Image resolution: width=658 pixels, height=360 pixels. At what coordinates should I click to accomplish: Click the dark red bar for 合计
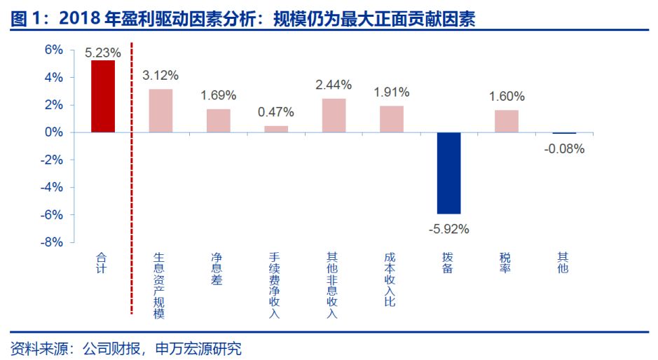103,97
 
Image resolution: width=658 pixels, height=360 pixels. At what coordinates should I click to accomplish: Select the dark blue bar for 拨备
448,173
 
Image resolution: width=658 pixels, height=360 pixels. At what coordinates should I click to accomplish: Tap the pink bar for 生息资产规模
160,111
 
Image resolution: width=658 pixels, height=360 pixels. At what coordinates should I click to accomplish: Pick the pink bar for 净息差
218,120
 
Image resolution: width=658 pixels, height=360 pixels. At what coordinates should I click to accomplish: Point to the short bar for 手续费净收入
276,129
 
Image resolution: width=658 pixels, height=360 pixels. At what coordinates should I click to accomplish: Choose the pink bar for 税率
507,121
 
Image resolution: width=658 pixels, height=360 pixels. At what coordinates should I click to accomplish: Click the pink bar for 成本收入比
392,119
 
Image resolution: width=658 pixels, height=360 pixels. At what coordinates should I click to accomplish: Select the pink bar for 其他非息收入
334,116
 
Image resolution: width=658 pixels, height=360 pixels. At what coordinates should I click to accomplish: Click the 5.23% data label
103,53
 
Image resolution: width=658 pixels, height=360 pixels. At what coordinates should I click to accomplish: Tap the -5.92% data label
448,228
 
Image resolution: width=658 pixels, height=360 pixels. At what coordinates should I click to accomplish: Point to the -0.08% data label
564,148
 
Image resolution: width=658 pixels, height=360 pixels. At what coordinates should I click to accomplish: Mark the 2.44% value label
334,85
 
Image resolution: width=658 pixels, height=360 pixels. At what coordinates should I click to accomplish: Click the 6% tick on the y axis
54,50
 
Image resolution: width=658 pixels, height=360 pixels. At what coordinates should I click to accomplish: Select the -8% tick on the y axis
52,242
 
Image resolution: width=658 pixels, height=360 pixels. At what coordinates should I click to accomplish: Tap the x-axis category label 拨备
448,263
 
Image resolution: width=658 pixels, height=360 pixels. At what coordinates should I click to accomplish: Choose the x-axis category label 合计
103,263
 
